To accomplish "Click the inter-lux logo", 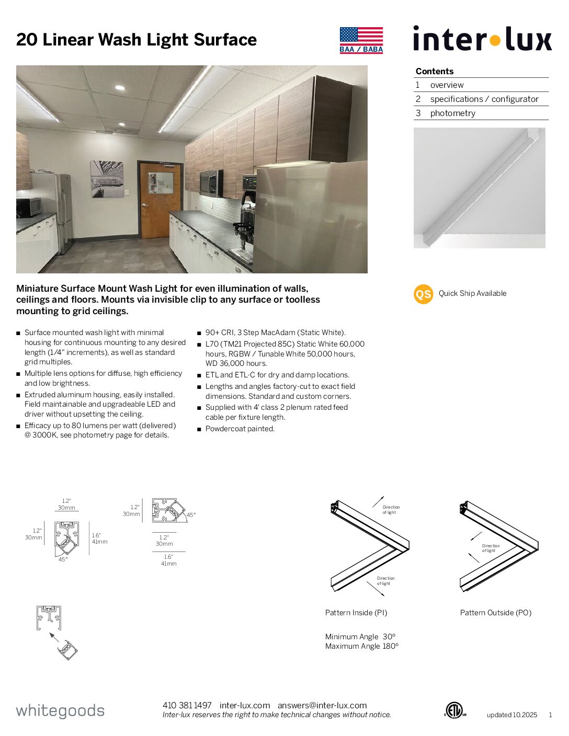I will [x=482, y=39].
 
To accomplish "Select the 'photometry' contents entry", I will [x=452, y=113].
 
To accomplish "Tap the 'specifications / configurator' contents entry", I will [x=484, y=99].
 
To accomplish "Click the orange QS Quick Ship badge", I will [x=423, y=294].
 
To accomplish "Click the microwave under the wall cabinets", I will [x=211, y=183].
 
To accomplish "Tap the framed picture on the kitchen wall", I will [x=107, y=179].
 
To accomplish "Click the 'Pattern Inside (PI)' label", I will [x=356, y=613].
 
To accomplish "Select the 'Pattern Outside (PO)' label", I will [x=495, y=613].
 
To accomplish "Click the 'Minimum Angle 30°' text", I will [x=360, y=637].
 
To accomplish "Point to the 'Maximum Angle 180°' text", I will [x=361, y=646].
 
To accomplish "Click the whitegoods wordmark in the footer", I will [x=60, y=711].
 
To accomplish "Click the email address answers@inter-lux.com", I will [x=322, y=705].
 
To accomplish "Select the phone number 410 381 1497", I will [x=187, y=705].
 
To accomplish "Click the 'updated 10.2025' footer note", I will [x=511, y=715].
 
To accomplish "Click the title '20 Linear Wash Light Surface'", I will [x=136, y=40].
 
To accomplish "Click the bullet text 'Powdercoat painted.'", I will [x=240, y=429].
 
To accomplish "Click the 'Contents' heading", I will [x=434, y=71].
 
